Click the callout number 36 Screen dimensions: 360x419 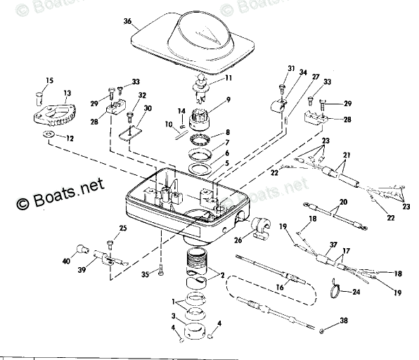[127, 22]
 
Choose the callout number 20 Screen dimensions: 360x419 [342, 201]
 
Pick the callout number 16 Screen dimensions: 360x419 [280, 288]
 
